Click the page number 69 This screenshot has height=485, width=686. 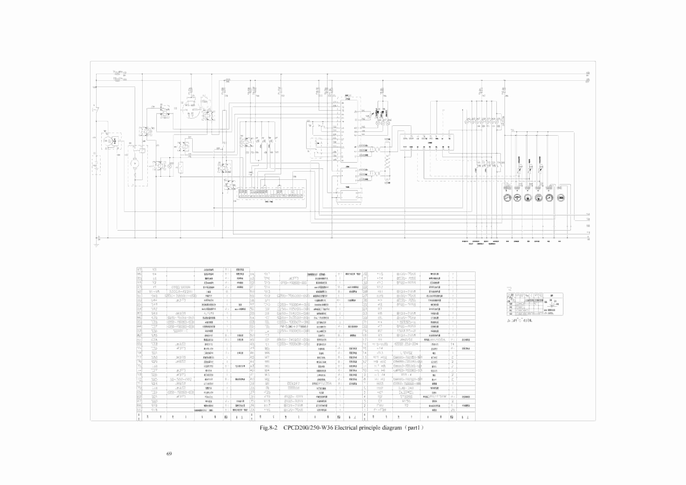(169, 454)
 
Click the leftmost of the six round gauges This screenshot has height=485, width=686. (507, 198)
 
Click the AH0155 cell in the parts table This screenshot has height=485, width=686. (406, 340)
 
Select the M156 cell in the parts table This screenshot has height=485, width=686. (406, 401)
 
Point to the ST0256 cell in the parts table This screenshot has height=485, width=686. (406, 397)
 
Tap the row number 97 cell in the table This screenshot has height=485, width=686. (139, 270)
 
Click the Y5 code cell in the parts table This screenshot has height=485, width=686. (155, 270)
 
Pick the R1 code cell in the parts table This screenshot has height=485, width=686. (380, 340)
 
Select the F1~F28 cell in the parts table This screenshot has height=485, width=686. (380, 410)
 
